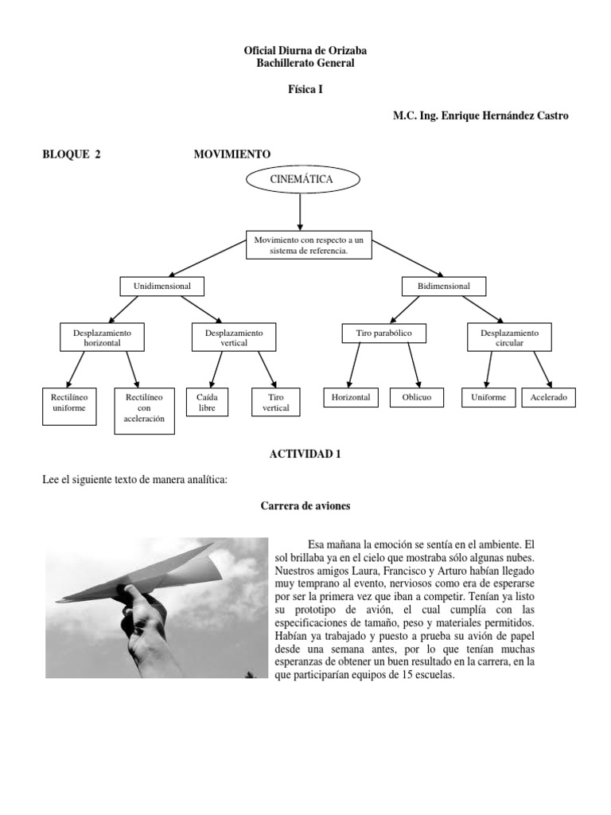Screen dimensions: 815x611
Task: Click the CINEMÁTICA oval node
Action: (301, 180)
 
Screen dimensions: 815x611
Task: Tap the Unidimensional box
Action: (162, 286)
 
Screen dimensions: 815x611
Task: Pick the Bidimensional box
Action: (443, 286)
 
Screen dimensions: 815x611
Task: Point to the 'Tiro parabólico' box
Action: (383, 333)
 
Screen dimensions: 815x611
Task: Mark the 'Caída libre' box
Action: (206, 402)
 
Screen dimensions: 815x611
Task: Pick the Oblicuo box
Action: (416, 397)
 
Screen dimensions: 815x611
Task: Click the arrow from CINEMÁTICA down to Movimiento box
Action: (300, 211)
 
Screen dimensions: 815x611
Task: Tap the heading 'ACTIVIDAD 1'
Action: (305, 454)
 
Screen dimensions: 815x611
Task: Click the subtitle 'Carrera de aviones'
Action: (305, 506)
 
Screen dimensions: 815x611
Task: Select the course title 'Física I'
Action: (305, 90)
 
